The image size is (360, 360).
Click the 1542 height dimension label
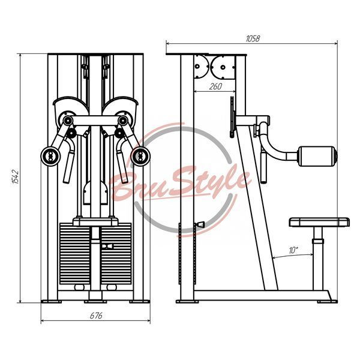coord(15,177)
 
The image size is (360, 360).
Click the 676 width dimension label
coord(96,316)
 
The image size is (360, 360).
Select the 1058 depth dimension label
coord(253,38)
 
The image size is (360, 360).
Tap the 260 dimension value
coord(215,86)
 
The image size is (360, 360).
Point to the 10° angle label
coord(293,250)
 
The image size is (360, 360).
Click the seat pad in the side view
coord(319,222)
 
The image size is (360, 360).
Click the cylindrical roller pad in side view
coord(317,156)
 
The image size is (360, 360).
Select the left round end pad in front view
coord(50,156)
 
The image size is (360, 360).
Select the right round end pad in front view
coord(140,156)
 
